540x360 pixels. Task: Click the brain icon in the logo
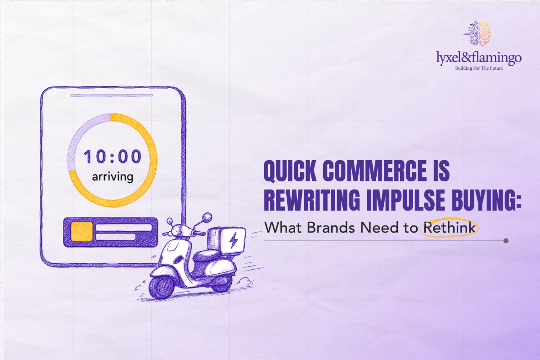click(x=477, y=33)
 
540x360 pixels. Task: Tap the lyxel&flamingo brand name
click(x=478, y=58)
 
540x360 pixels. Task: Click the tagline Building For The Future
click(x=479, y=68)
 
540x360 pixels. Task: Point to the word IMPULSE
click(x=406, y=200)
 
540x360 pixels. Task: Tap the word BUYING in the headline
click(x=485, y=200)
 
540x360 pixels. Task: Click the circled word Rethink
click(x=450, y=227)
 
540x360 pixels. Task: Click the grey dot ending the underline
click(x=506, y=241)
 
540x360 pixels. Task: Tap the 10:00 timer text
click(x=112, y=157)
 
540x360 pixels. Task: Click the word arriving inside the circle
click(x=112, y=177)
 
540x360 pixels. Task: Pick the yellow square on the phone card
click(x=82, y=232)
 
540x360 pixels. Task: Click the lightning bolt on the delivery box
click(x=234, y=240)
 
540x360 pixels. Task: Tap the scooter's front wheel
click(x=161, y=287)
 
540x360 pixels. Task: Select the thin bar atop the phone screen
click(x=112, y=95)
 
